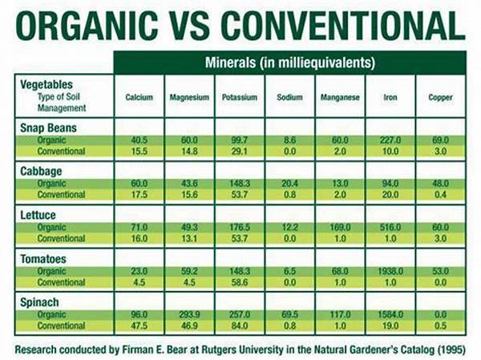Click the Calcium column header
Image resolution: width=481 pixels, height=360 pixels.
pyautogui.click(x=139, y=98)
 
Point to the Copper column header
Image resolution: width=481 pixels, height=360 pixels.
pyautogui.click(x=440, y=98)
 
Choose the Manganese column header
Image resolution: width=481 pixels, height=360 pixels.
pyautogui.click(x=340, y=98)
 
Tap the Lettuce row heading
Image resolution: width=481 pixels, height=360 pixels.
pyautogui.click(x=39, y=215)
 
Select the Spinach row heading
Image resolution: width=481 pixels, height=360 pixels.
pyautogui.click(x=40, y=303)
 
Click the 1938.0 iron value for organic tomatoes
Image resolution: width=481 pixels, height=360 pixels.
pyautogui.click(x=390, y=272)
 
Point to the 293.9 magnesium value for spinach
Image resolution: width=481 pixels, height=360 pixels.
pyautogui.click(x=189, y=316)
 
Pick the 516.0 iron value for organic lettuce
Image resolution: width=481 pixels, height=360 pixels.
pyautogui.click(x=390, y=229)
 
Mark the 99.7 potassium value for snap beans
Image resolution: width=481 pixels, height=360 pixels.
pyautogui.click(x=240, y=140)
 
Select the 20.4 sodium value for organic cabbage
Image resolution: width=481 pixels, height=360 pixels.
pyautogui.click(x=289, y=184)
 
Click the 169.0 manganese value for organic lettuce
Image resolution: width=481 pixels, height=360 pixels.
pyautogui.click(x=340, y=229)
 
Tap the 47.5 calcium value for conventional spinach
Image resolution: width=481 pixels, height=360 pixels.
pyautogui.click(x=139, y=327)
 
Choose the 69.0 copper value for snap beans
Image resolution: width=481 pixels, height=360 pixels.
pyautogui.click(x=440, y=140)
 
